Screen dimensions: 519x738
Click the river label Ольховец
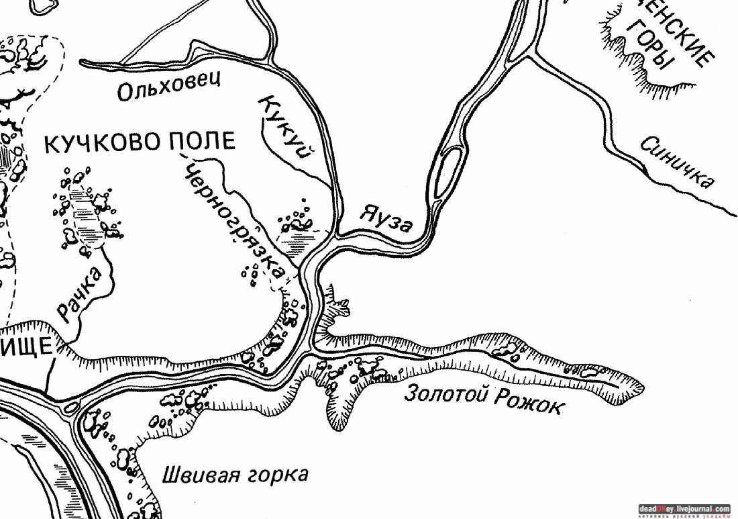(168, 89)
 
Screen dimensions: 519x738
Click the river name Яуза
(386, 218)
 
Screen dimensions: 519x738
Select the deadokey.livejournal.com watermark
(684, 509)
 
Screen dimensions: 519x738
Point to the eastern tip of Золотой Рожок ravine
(641, 387)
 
